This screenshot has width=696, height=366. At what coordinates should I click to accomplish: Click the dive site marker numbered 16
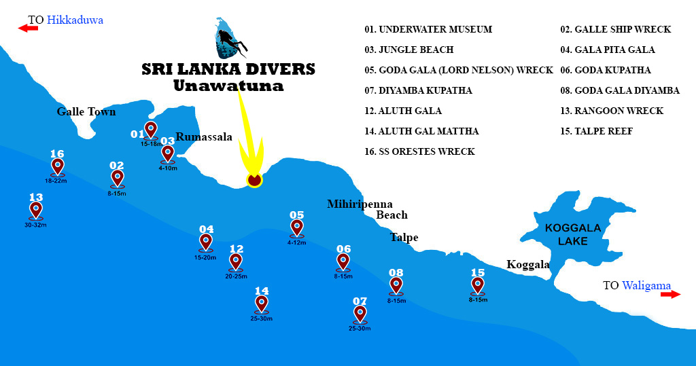(57, 166)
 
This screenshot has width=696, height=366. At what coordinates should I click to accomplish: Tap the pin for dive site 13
(36, 209)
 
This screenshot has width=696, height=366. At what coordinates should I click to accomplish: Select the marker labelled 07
(360, 313)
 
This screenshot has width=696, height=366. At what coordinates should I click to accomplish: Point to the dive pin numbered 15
(478, 285)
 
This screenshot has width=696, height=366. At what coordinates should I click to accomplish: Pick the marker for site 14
(262, 303)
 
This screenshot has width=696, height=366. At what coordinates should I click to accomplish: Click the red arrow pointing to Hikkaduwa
(28, 28)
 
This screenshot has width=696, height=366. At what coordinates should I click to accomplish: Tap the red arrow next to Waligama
(670, 294)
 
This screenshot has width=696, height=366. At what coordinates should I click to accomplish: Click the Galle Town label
(86, 112)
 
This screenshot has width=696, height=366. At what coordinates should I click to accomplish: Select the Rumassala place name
(204, 137)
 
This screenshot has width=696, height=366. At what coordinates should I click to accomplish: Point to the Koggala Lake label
(572, 234)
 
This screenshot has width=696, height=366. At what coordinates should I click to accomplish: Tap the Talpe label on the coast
(404, 238)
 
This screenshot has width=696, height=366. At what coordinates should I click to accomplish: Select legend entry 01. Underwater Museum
(428, 29)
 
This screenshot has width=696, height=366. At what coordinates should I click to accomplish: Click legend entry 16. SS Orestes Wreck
(419, 151)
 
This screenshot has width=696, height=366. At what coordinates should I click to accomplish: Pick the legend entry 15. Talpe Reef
(596, 131)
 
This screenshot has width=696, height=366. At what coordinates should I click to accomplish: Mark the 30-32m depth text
(36, 225)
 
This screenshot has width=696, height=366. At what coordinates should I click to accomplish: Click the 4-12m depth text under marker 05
(297, 242)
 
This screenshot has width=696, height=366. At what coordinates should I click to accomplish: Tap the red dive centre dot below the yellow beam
(254, 180)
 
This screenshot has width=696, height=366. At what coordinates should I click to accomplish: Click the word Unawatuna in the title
(228, 86)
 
